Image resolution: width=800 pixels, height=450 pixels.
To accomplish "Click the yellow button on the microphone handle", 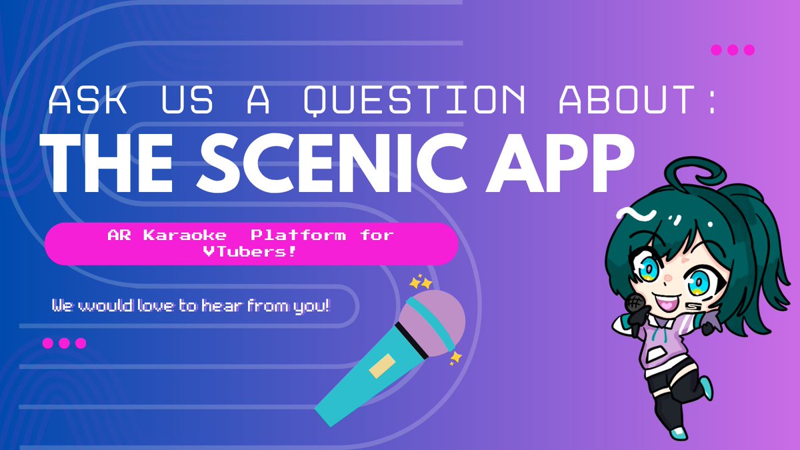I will (x=383, y=369).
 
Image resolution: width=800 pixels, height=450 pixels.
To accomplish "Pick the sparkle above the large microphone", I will (x=421, y=282).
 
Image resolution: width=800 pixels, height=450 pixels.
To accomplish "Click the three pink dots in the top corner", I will (x=733, y=49).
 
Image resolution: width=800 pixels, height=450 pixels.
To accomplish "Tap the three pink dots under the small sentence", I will (x=64, y=343).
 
